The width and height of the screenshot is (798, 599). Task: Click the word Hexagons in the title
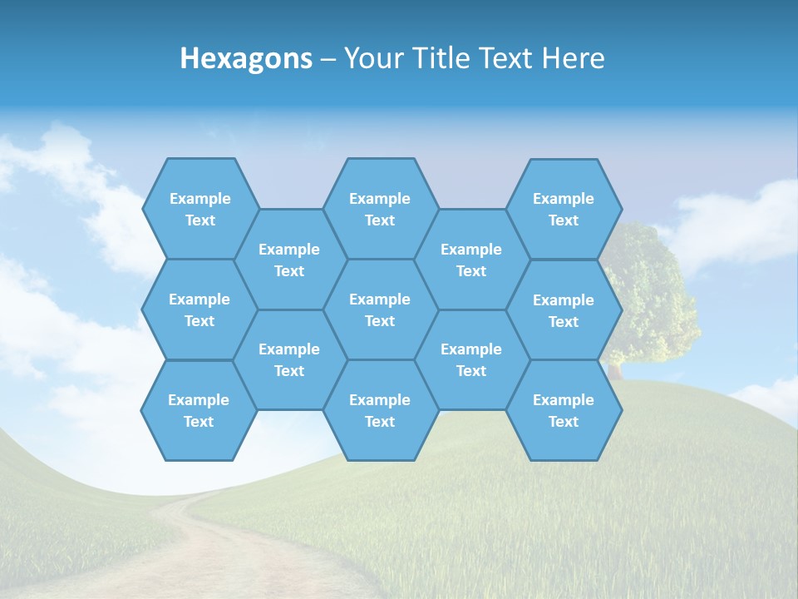tap(246, 58)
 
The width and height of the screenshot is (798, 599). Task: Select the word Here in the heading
tap(573, 58)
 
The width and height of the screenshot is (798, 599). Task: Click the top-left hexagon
tap(199, 209)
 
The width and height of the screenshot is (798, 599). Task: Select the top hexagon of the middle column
tap(380, 209)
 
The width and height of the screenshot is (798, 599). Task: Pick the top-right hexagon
tap(564, 209)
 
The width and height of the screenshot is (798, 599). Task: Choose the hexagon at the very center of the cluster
tap(380, 309)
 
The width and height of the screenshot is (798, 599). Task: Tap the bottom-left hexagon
tap(199, 410)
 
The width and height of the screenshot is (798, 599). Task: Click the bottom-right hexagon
tap(564, 410)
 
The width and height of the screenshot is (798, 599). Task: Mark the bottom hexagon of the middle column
tap(380, 410)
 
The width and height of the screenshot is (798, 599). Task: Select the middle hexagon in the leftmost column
tap(199, 309)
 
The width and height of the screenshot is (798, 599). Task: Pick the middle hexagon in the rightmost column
tap(564, 310)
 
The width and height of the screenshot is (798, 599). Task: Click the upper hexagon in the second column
tap(289, 260)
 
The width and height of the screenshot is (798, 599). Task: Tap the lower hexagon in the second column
tap(289, 359)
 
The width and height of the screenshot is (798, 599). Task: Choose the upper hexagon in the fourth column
tap(471, 260)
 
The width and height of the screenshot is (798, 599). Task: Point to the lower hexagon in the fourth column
tap(471, 359)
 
